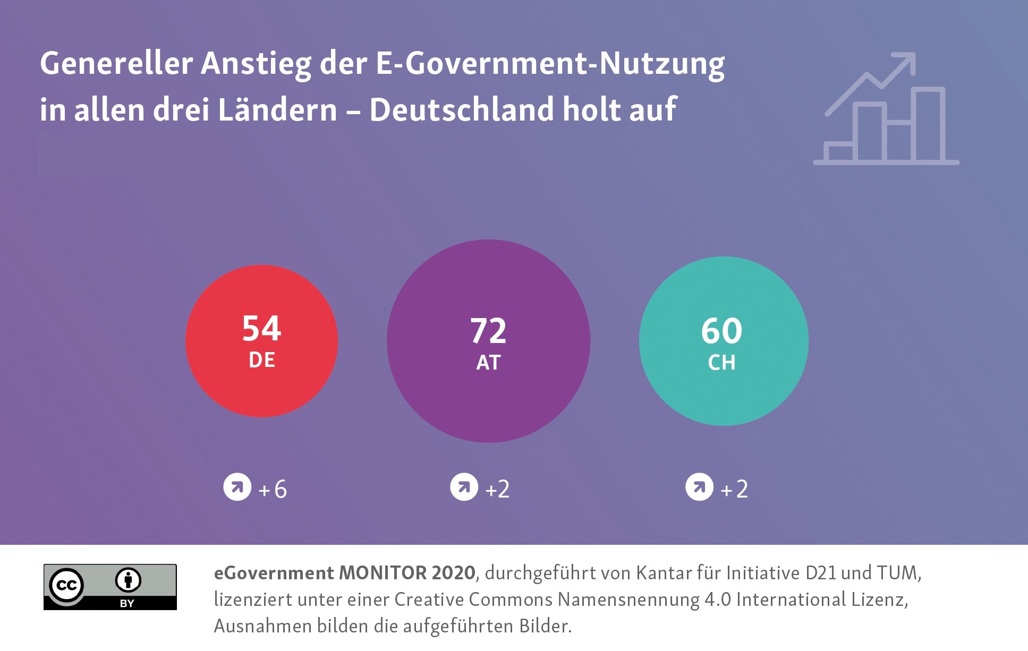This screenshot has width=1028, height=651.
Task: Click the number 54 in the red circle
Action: pyautogui.click(x=261, y=328)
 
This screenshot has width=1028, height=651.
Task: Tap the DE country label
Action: pyautogui.click(x=261, y=360)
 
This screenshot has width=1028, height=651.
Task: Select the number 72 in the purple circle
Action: pyautogui.click(x=488, y=331)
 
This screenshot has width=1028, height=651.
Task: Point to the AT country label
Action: pyautogui.click(x=488, y=363)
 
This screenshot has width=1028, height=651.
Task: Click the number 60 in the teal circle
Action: pyautogui.click(x=721, y=331)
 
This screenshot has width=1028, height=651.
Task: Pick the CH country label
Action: pyautogui.click(x=721, y=363)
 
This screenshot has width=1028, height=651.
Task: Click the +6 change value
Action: pyautogui.click(x=273, y=489)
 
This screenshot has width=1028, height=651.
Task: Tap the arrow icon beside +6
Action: pyautogui.click(x=237, y=487)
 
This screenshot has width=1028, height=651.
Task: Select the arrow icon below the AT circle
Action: pyautogui.click(x=464, y=487)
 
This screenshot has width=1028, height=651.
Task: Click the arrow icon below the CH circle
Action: pyautogui.click(x=699, y=487)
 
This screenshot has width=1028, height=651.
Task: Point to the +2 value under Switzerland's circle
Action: pyautogui.click(x=734, y=489)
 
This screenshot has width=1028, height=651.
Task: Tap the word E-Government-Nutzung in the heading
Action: pyautogui.click(x=550, y=64)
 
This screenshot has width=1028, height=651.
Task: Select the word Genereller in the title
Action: pyautogui.click(x=116, y=64)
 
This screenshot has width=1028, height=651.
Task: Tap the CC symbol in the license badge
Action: pyautogui.click(x=66, y=585)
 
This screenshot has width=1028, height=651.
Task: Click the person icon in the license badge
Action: pyautogui.click(x=128, y=580)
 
